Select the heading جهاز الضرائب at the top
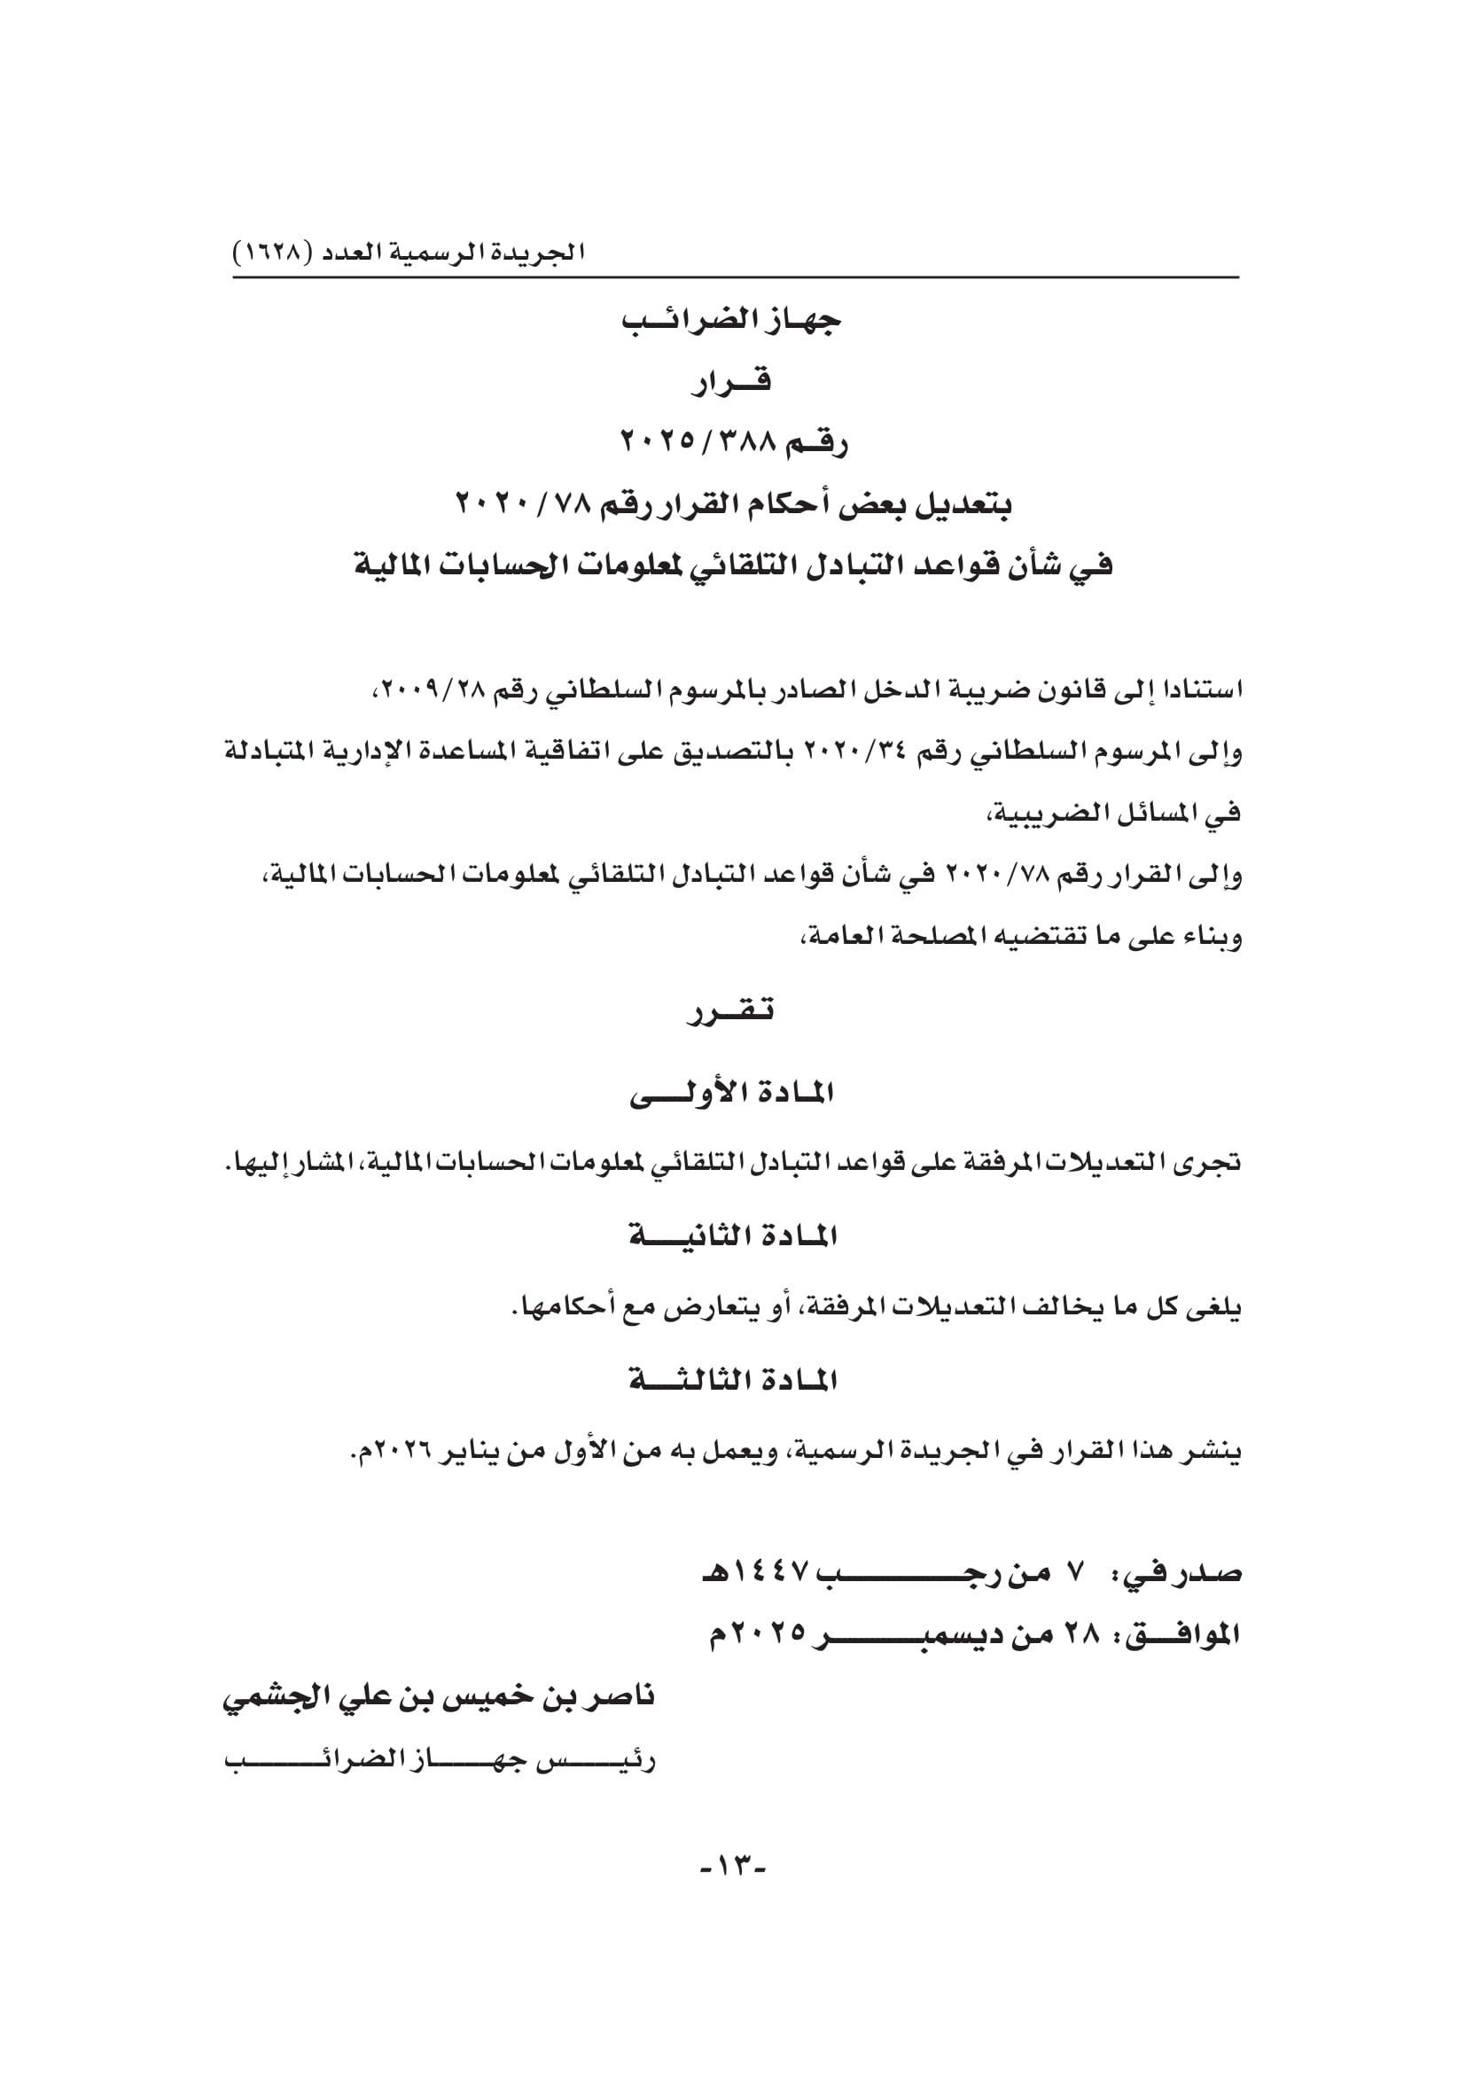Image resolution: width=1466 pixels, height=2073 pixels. pyautogui.click(x=731, y=321)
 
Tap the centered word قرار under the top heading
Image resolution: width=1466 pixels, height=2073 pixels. pyautogui.click(x=731, y=382)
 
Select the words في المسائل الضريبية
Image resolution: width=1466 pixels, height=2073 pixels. pyautogui.click(x=1112, y=814)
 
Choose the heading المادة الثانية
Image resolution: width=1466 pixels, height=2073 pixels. pyautogui.click(x=732, y=1236)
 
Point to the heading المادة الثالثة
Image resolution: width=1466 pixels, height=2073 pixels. pyautogui.click(x=732, y=1381)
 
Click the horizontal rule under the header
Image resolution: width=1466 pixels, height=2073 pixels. pyautogui.click(x=735, y=277)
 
